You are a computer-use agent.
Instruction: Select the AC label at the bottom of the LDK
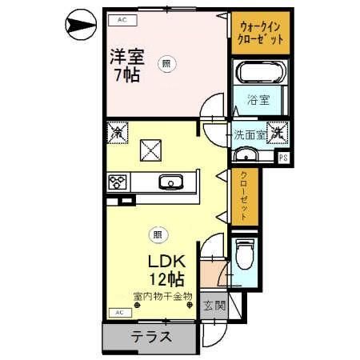tap(117, 311)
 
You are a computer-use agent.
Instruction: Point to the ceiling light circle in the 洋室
tap(165, 66)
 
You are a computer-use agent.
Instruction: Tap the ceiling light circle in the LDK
tap(157, 234)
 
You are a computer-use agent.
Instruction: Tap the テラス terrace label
tap(151, 337)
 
